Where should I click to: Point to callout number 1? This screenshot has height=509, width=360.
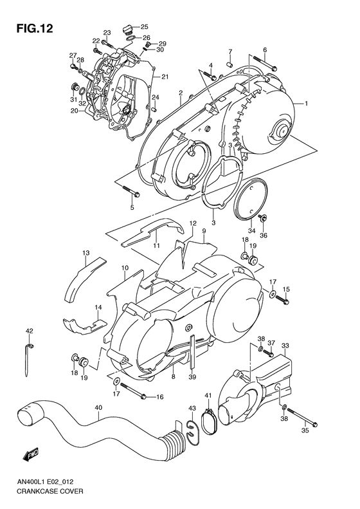[307, 103]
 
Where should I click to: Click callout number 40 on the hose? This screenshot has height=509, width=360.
[98, 407]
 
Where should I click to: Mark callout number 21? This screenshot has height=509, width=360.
[165, 77]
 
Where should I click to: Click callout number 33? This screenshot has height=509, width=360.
[285, 345]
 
